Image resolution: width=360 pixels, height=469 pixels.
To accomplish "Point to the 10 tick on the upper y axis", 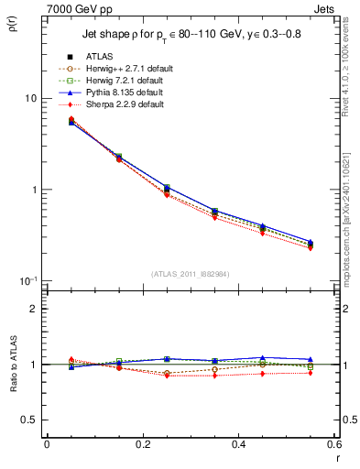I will [30, 99].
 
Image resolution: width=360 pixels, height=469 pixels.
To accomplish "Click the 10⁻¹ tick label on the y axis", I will [28, 280].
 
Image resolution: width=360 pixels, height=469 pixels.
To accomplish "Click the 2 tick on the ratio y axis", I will [33, 309].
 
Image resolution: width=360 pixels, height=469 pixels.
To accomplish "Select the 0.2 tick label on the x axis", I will [142, 444].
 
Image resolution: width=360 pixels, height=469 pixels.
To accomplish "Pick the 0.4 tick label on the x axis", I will [238, 444].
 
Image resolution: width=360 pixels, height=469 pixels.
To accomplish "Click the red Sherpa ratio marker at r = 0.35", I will [214, 376].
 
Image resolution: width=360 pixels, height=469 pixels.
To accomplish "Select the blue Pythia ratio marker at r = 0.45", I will [262, 358].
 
